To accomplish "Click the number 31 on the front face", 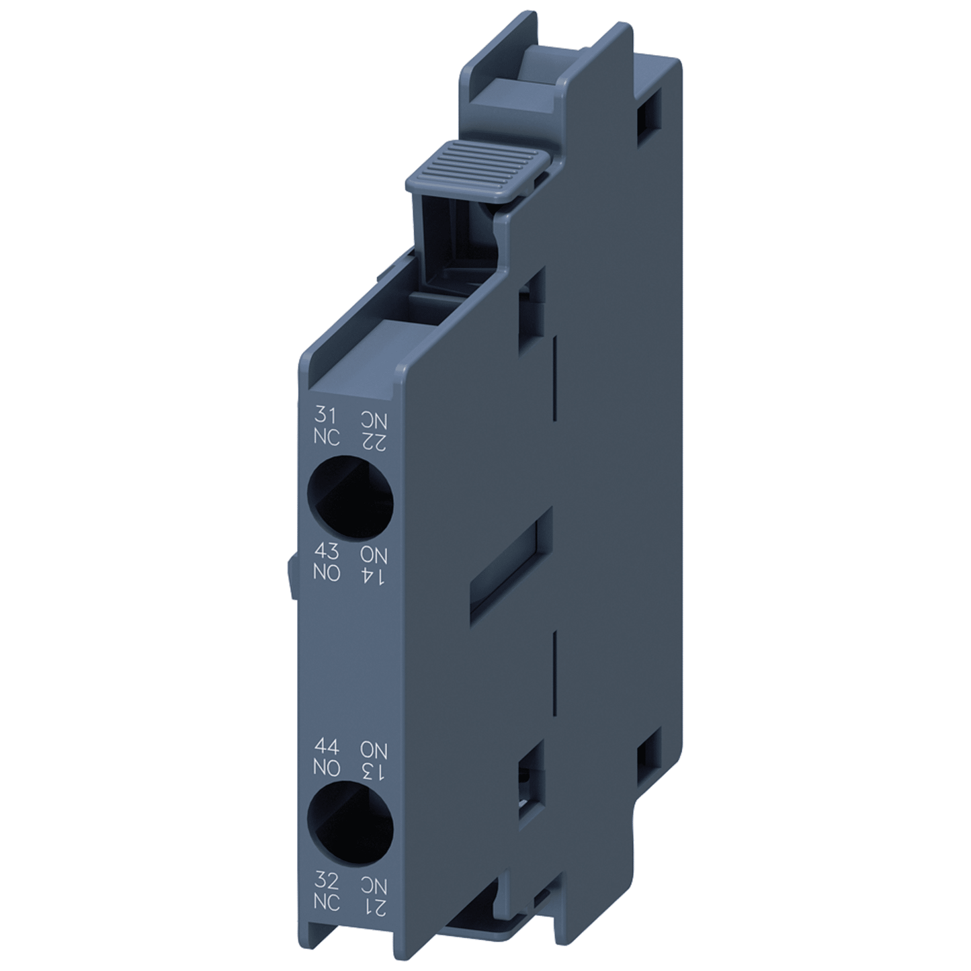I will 325,415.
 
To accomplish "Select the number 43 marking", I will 327,552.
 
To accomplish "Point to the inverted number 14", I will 374,575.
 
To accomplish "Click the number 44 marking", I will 327,747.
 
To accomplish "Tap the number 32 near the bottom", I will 327,881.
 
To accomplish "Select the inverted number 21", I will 374,906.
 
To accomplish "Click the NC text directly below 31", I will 327,437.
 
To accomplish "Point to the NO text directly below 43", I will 327,574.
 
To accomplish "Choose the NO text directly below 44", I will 327,767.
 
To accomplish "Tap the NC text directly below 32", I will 327,902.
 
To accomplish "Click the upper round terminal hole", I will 350,497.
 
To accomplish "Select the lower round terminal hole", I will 349,826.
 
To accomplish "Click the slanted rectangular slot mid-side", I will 511,565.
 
